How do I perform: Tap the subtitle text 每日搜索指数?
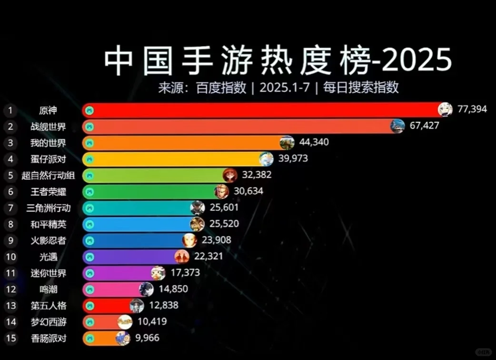[361, 88]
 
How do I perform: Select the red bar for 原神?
[262, 110]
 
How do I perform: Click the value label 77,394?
[472, 109]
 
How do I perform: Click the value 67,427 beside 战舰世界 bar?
[424, 126]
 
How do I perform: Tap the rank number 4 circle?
[10, 159]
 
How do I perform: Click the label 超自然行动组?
[48, 175]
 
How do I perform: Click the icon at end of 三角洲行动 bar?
[198, 208]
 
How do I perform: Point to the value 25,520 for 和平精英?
[223, 224]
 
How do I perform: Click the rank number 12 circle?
[10, 289]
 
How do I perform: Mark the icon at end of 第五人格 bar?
[137, 306]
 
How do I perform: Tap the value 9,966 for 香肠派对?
[144, 338]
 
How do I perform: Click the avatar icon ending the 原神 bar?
[445, 110]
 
